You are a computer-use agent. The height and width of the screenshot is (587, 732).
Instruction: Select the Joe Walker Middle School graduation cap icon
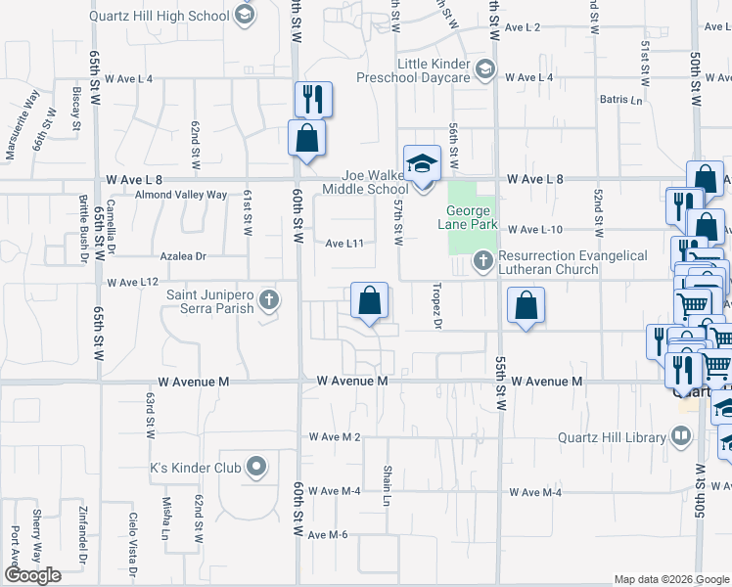[x=423, y=162]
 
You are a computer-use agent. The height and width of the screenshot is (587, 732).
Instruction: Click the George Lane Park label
[x=473, y=217]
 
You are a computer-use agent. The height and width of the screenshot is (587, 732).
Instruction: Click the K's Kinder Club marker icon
[x=256, y=467]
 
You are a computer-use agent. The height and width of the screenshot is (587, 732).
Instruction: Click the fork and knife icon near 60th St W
[x=313, y=98]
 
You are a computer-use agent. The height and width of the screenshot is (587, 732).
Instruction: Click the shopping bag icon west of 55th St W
[x=526, y=305]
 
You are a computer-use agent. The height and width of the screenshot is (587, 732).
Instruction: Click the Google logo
[x=31, y=575]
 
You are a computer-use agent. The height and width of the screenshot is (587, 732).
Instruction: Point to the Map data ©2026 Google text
[x=670, y=579]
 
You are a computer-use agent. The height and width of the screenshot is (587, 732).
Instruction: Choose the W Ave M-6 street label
[x=328, y=534]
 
